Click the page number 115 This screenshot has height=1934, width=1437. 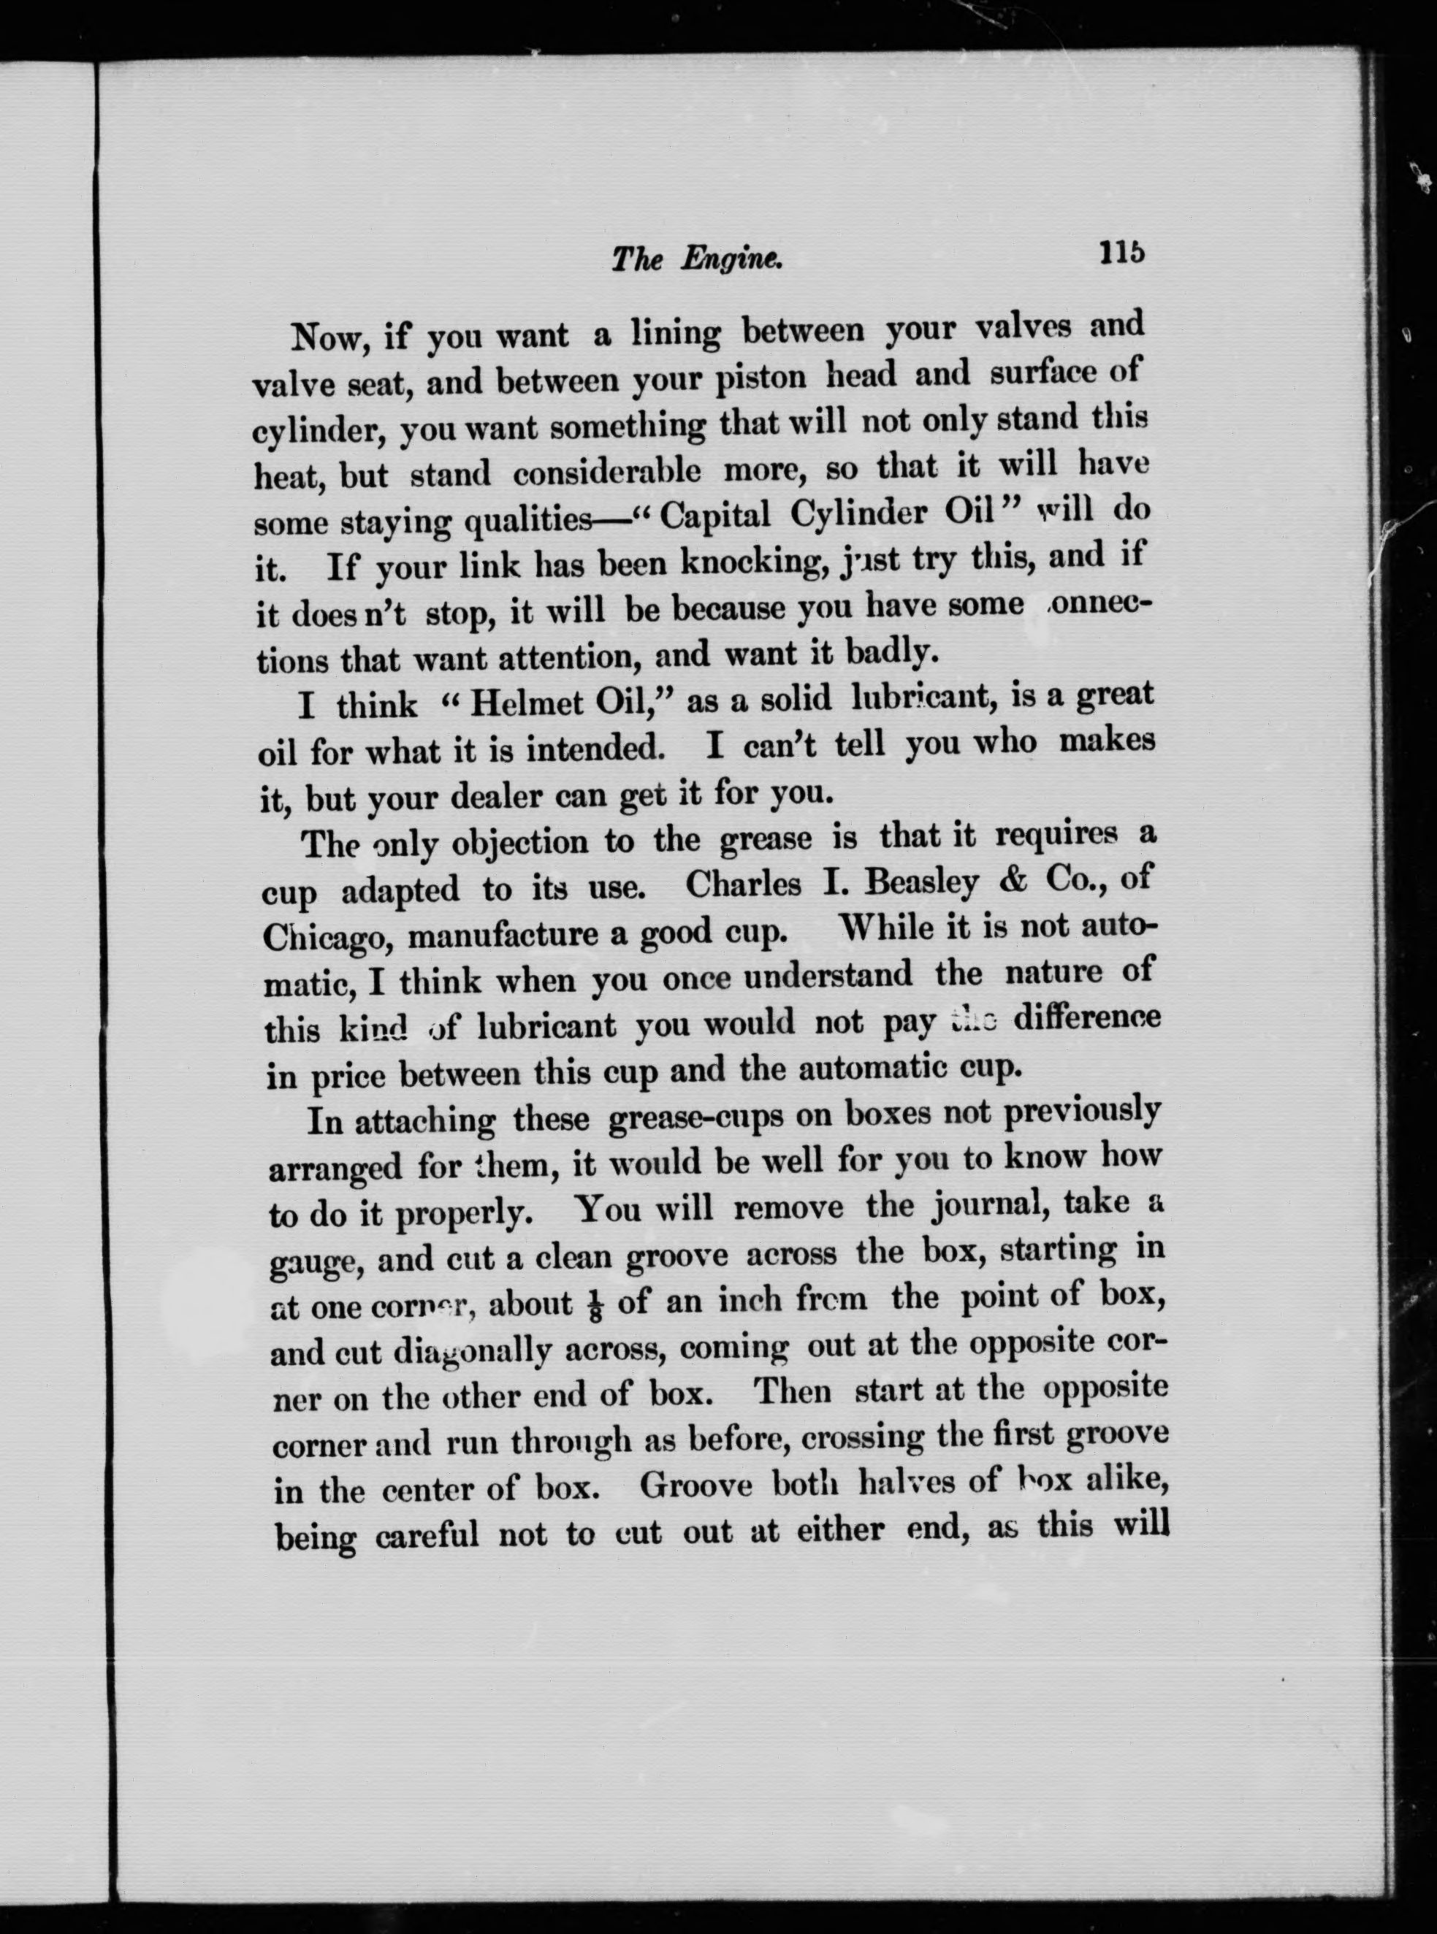coord(1121,252)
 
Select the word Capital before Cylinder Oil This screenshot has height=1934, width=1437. coord(715,516)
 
